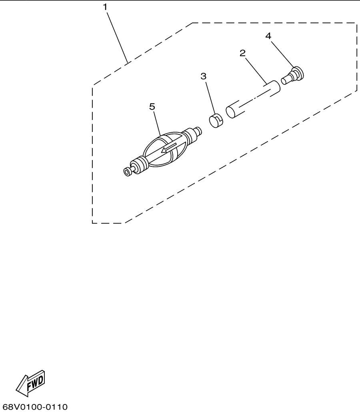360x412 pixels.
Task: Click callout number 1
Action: [x=105, y=7]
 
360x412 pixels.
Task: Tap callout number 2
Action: [x=242, y=53]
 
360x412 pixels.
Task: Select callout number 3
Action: [x=203, y=76]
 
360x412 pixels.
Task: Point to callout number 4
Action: [x=268, y=36]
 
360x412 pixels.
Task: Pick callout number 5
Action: [x=152, y=107]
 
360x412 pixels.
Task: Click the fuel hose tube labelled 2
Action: [x=253, y=99]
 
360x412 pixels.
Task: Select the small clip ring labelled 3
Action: [x=216, y=121]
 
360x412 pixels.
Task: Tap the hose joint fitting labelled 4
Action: [x=292, y=76]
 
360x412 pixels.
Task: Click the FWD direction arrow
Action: [x=30, y=383]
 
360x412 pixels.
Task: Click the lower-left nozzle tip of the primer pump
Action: [x=127, y=172]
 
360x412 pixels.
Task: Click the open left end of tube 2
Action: [x=230, y=112]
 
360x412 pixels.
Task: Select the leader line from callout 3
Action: [x=210, y=98]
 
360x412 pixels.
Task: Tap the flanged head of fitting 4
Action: [x=298, y=73]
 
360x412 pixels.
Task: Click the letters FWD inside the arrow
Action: [x=35, y=382]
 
